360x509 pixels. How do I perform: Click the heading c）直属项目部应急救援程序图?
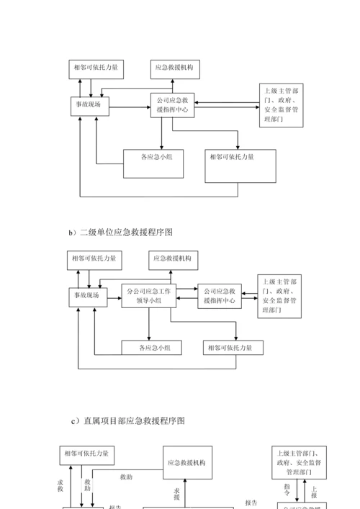[128, 420]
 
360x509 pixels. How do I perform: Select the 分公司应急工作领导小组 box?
[148, 296]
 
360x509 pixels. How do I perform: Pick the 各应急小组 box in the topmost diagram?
[152, 163]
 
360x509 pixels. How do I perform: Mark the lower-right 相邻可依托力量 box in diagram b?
[233, 348]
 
